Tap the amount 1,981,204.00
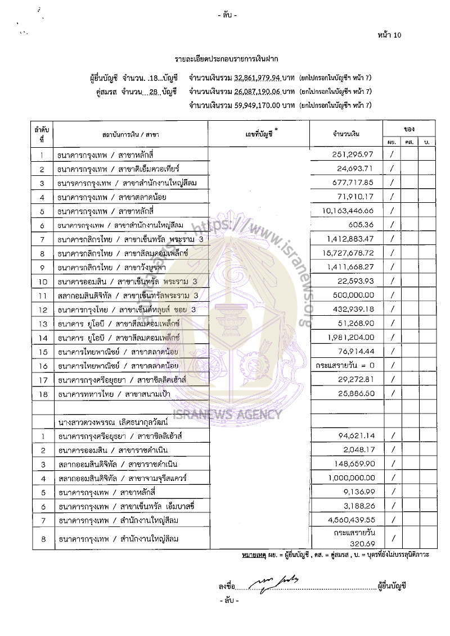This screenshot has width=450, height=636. [350, 337]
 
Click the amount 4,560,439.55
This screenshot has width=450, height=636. [350, 519]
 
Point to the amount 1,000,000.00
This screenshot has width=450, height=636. [350, 477]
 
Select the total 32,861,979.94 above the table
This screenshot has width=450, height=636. [258, 77]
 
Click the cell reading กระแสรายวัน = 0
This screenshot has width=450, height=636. [346, 365]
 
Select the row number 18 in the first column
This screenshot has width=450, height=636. [42, 394]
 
